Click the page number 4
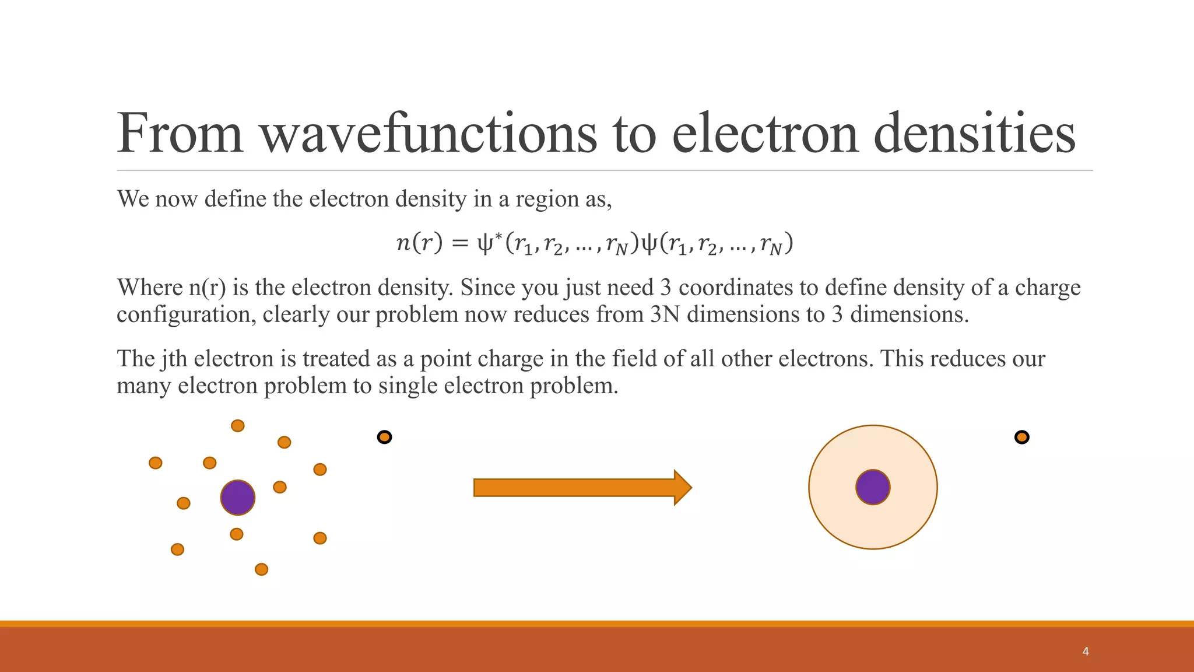[1085, 652]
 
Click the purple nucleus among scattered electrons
[238, 498]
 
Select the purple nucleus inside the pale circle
[873, 487]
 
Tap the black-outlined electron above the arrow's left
[384, 437]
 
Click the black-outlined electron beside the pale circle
[1021, 437]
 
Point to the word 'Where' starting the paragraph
[150, 288]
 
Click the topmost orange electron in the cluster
[237, 426]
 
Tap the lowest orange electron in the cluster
[262, 569]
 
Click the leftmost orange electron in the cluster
[155, 463]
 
